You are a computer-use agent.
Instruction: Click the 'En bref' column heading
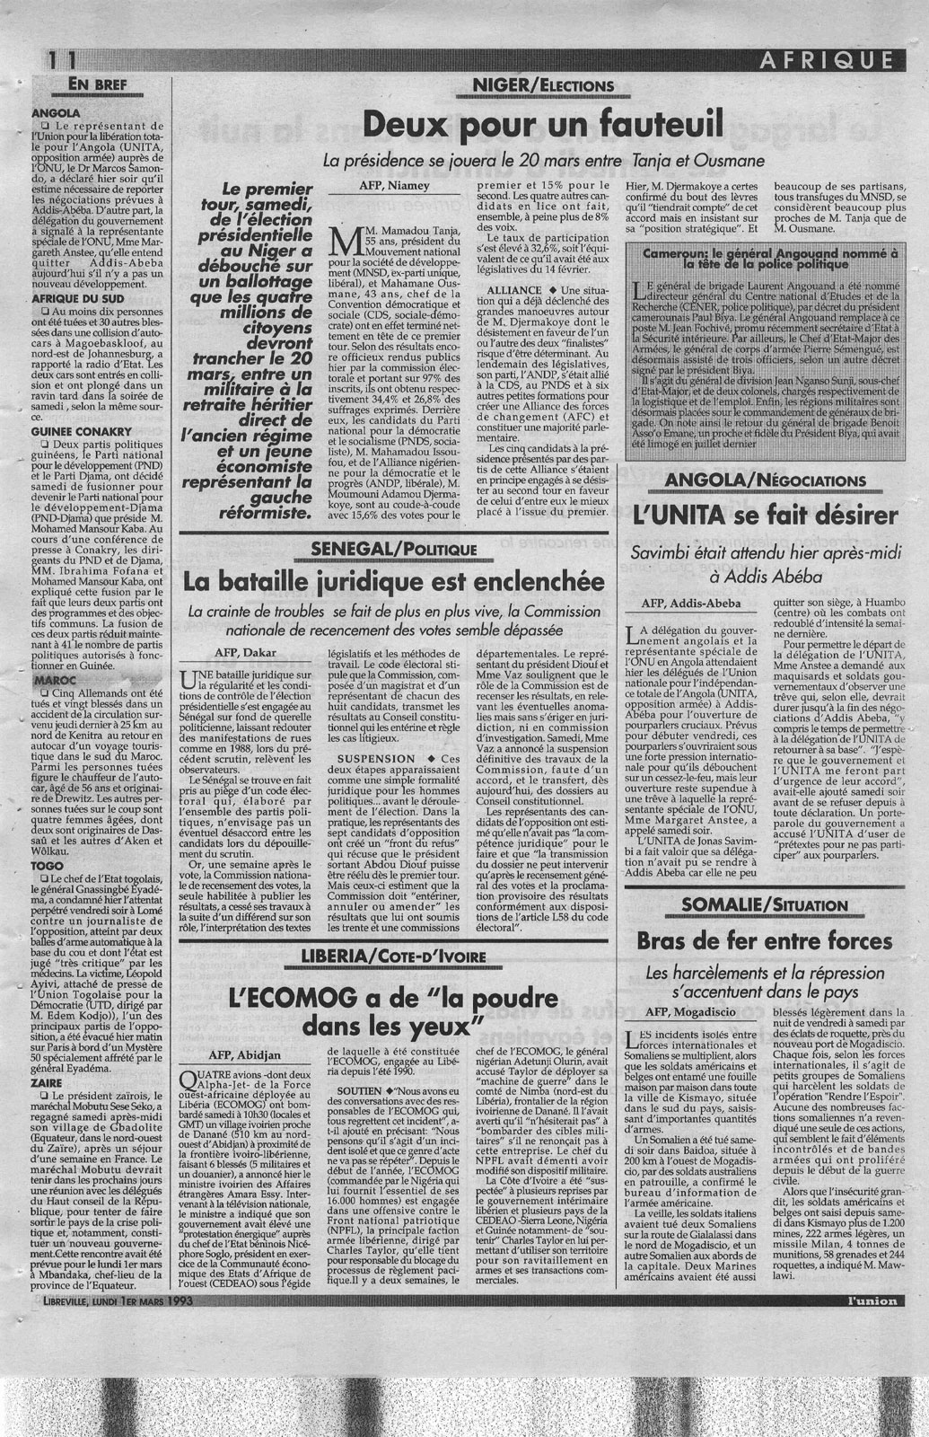[107, 86]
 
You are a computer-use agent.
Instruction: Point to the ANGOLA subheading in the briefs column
[56, 114]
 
